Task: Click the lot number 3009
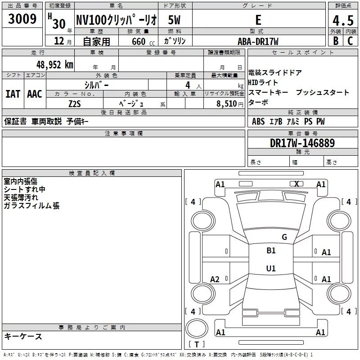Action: click(x=22, y=18)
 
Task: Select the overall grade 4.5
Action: click(x=343, y=20)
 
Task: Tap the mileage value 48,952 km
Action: click(x=54, y=65)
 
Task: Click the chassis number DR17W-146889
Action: click(x=302, y=143)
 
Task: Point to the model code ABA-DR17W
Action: click(x=258, y=41)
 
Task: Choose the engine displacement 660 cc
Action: click(x=143, y=41)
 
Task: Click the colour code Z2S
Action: click(x=75, y=104)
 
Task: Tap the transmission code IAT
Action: click(x=13, y=94)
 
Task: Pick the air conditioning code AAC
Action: click(x=35, y=94)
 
